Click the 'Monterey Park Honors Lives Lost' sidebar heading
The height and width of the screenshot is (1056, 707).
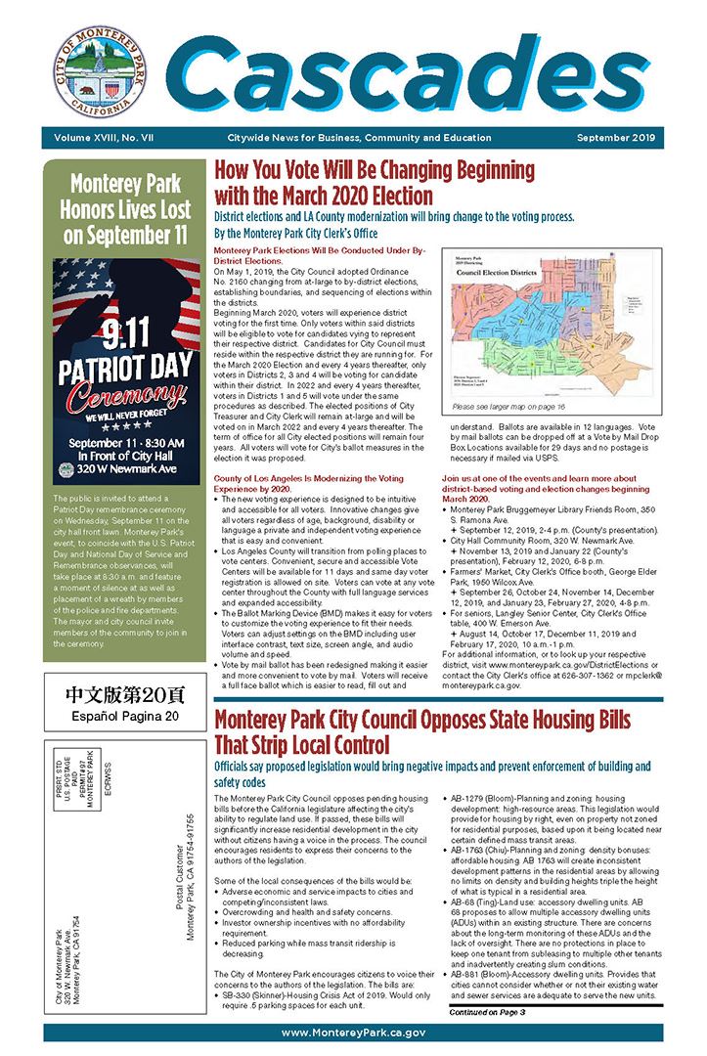[115, 208]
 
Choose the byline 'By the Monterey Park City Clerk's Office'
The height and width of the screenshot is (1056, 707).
[295, 235]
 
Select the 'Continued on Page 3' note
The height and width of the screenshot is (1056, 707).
[488, 1012]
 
